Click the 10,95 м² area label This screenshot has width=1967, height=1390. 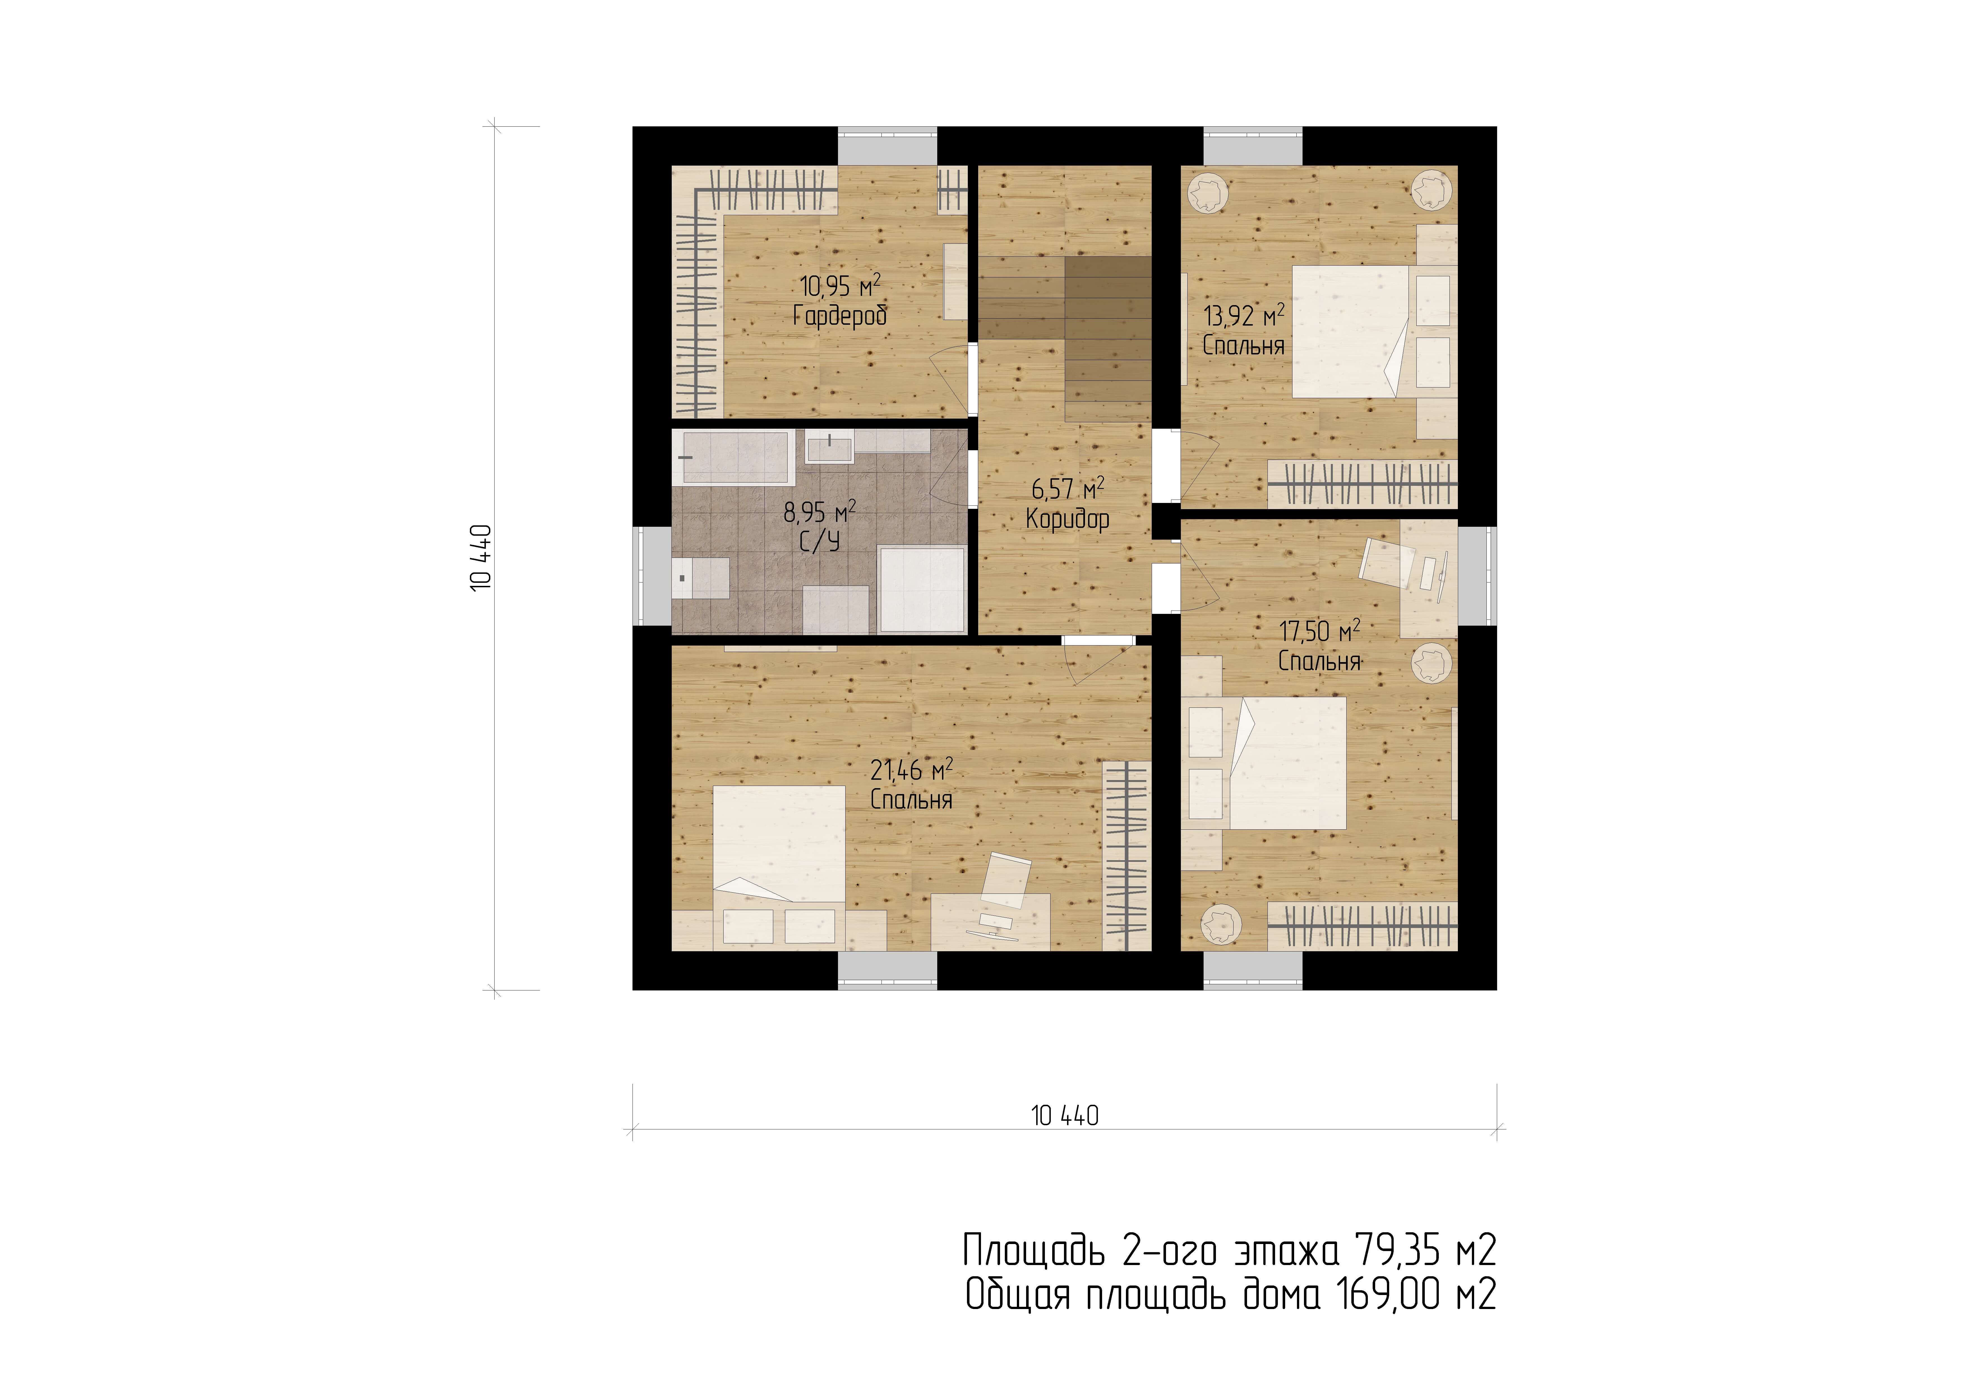tap(840, 285)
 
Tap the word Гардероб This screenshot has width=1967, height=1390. tap(840, 316)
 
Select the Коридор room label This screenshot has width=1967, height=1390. tap(1067, 518)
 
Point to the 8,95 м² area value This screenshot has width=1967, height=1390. tap(819, 512)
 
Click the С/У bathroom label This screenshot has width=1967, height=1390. tap(819, 541)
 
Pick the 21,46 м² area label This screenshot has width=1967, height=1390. tap(911, 770)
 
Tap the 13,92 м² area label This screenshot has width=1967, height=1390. tap(1244, 315)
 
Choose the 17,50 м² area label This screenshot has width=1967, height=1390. tap(1319, 631)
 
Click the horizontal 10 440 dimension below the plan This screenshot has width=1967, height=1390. tap(1065, 1116)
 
